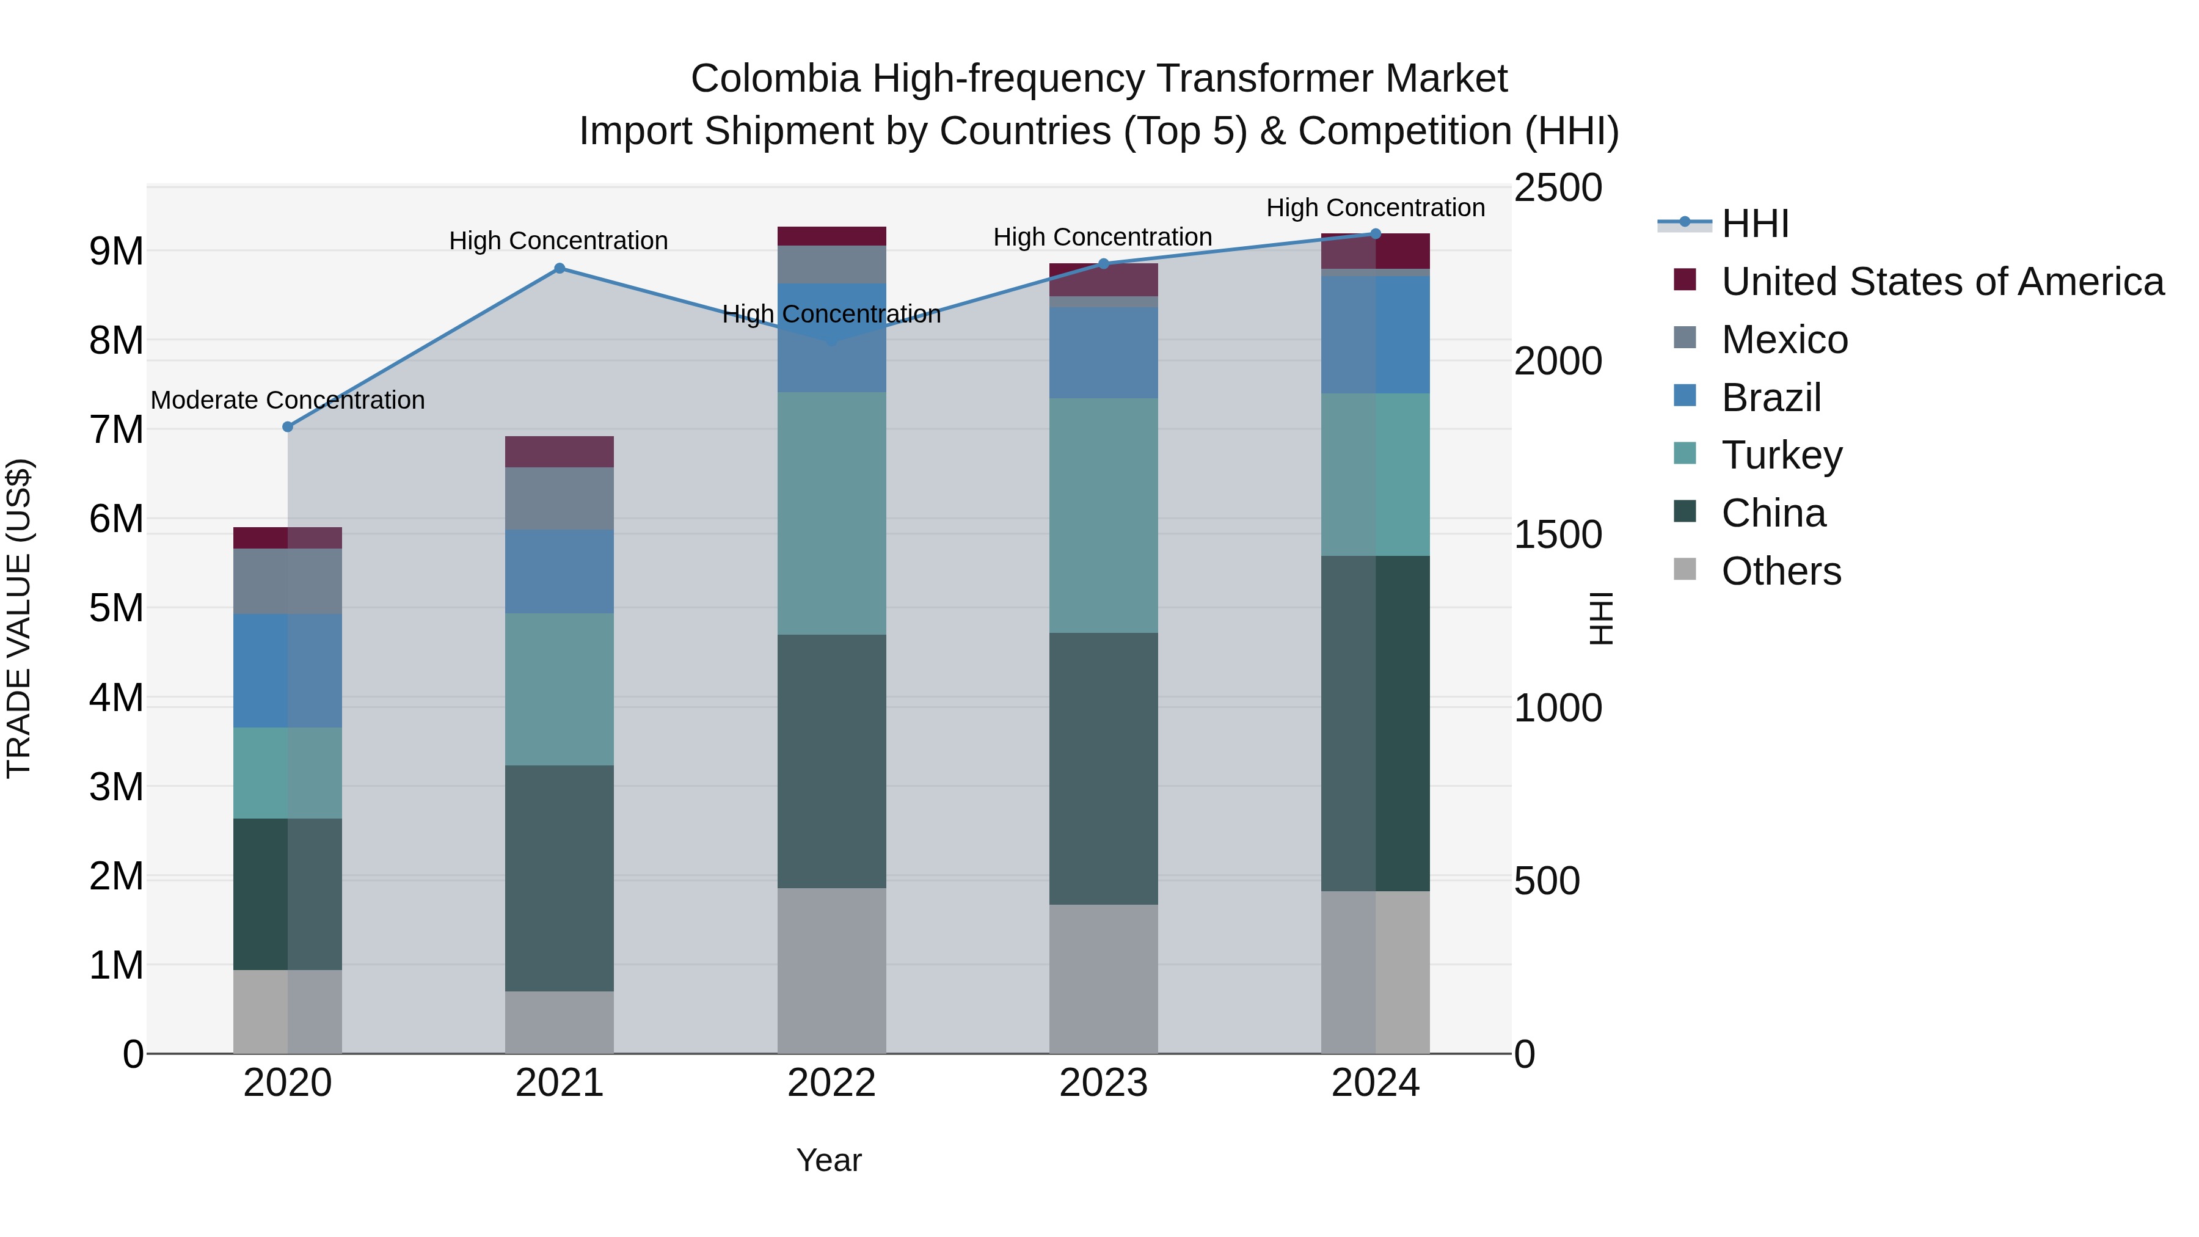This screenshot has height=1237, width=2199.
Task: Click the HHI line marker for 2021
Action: click(x=559, y=268)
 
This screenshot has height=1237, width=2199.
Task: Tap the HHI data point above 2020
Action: click(x=288, y=427)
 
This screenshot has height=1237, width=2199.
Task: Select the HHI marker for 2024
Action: click(x=1375, y=234)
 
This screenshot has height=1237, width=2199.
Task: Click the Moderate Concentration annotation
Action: click(x=288, y=400)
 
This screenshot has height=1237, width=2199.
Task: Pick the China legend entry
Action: click(x=1773, y=513)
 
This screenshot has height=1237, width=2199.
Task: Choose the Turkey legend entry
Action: click(x=1782, y=455)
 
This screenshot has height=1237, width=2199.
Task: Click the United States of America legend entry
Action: click(x=1942, y=282)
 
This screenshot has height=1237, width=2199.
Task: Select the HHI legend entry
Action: click(x=1754, y=224)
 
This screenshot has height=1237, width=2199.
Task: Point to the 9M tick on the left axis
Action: click(x=116, y=251)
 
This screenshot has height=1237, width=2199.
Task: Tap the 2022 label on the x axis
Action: click(x=831, y=1083)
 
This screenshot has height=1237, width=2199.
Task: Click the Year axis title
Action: click(x=829, y=1160)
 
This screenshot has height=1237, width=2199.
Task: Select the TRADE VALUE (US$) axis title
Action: click(x=19, y=618)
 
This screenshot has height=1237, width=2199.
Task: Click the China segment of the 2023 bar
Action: click(x=1103, y=768)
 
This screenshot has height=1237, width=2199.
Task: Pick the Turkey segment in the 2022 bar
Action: click(x=831, y=513)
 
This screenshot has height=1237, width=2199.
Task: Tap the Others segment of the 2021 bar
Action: click(x=559, y=1022)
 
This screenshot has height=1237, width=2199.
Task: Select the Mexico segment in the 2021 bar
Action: click(x=559, y=498)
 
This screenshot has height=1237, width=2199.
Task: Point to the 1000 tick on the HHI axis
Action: click(x=1558, y=708)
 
